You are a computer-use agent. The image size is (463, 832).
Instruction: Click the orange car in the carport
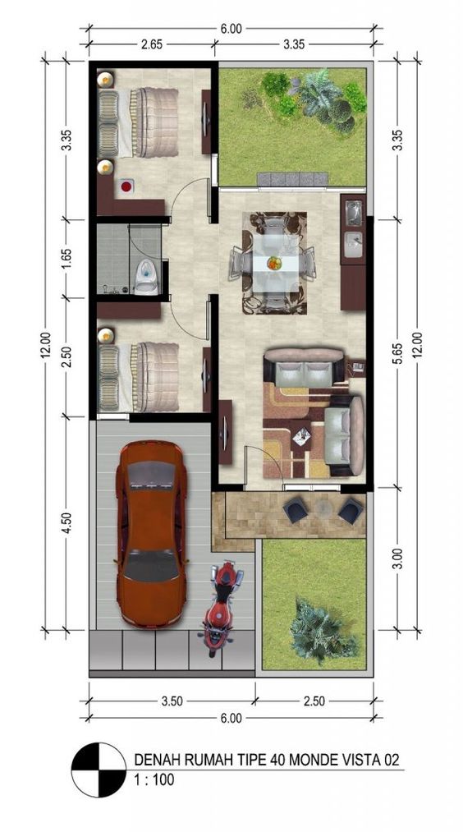point(150,533)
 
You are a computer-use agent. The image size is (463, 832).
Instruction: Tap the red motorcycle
point(220,608)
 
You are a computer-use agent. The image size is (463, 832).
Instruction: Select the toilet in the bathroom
point(147,277)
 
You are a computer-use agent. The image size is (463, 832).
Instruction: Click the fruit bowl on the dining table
point(273,263)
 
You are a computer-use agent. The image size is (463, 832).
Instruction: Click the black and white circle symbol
point(99,770)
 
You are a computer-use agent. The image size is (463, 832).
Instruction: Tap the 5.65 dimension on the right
point(397,353)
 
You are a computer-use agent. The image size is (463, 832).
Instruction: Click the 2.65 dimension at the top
point(151,44)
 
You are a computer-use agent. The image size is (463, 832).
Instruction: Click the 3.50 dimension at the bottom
point(171,701)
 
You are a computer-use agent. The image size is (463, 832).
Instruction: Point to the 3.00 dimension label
point(397,561)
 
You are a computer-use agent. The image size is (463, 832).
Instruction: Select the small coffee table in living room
point(301,435)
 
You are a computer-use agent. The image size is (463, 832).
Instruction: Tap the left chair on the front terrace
point(295,511)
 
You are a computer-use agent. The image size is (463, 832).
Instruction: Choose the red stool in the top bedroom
point(126,186)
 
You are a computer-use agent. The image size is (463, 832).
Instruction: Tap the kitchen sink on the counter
point(353,213)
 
